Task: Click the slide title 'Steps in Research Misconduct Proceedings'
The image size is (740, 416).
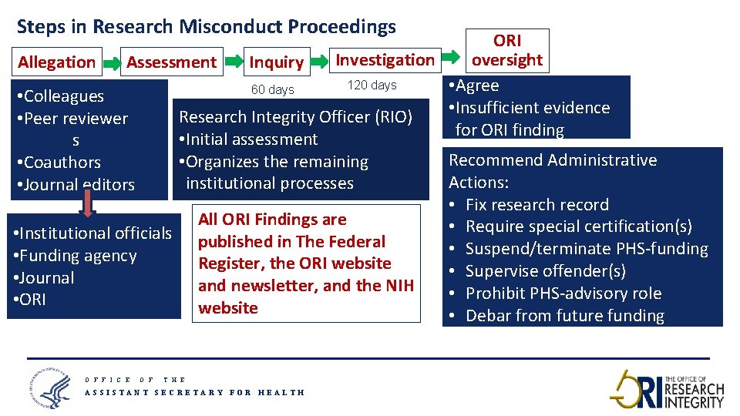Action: [x=206, y=27]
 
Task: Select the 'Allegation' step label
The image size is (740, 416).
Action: [x=57, y=62]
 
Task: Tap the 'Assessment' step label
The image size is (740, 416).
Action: [x=171, y=62]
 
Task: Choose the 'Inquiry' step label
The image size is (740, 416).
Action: [x=276, y=62]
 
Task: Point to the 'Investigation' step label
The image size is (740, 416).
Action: [x=385, y=60]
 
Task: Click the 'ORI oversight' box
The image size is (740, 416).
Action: [x=507, y=50]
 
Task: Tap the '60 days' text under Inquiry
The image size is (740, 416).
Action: [x=273, y=89]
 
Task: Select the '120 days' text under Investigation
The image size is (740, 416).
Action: [x=372, y=86]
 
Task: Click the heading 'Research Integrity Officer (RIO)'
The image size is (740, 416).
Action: [x=295, y=117]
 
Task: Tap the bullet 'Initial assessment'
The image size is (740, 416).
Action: [x=247, y=139]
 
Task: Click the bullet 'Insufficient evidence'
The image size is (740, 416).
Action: [x=532, y=108]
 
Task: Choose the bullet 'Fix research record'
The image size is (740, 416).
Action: [x=536, y=205]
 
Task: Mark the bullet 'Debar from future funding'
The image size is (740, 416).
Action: [x=564, y=316]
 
